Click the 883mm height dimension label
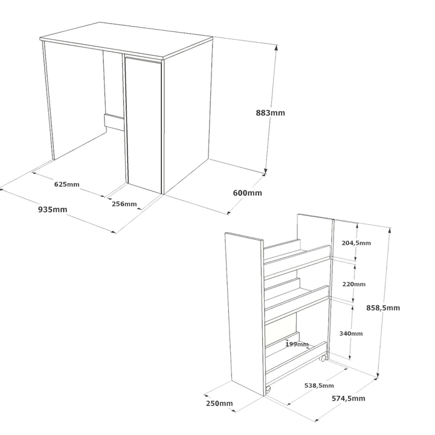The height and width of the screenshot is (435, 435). tap(270, 113)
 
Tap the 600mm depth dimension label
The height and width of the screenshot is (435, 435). tap(247, 193)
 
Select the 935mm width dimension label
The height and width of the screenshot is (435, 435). tap(53, 209)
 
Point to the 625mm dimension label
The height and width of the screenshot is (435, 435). tap(66, 184)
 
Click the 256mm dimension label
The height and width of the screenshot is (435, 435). tap(124, 204)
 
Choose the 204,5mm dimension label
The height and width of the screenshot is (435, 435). tap(356, 243)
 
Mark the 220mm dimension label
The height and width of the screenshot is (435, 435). tap(354, 284)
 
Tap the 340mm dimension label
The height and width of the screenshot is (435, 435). tap(351, 333)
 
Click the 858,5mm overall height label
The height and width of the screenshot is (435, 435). tap(383, 308)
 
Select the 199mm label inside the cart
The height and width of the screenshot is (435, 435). tap(297, 344)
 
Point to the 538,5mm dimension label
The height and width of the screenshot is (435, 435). tap(319, 385)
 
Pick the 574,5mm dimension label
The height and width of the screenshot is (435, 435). tap(349, 398)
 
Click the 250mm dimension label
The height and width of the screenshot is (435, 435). tap(219, 403)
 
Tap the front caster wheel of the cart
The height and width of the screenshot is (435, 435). tap(268, 390)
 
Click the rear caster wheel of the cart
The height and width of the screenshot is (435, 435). tap(323, 359)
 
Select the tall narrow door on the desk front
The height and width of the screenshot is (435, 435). tap(143, 125)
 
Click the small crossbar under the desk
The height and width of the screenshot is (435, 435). tap(114, 122)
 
